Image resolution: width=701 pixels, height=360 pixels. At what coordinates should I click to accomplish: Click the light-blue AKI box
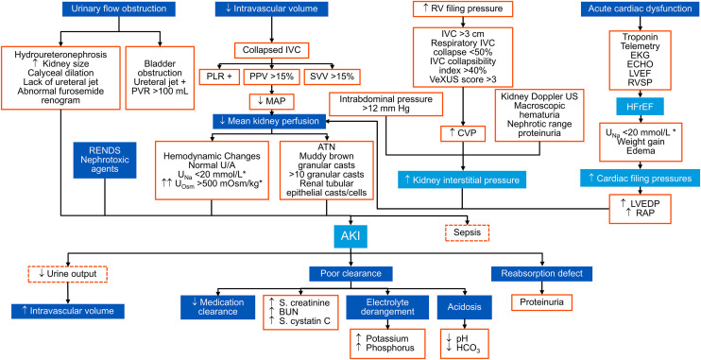[351, 235]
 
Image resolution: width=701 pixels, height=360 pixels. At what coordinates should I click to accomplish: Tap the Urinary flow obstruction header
[118, 9]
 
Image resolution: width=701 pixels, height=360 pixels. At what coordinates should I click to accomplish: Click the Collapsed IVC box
[272, 50]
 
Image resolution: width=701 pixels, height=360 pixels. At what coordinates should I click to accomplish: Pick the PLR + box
[218, 76]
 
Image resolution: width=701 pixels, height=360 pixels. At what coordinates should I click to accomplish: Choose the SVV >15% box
[332, 76]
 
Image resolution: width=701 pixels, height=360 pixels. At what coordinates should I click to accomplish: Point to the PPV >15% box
[270, 76]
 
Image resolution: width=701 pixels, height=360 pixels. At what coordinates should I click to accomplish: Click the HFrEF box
[642, 107]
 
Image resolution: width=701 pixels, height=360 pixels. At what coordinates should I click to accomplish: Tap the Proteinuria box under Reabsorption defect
[542, 302]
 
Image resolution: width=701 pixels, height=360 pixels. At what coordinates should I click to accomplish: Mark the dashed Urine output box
[67, 274]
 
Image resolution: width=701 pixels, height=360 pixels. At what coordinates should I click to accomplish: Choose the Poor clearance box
[350, 273]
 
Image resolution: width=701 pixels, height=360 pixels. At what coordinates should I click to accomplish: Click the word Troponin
[642, 38]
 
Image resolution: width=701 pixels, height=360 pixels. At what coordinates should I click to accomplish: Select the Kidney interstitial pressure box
[461, 180]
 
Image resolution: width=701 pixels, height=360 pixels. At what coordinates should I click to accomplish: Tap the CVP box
[463, 133]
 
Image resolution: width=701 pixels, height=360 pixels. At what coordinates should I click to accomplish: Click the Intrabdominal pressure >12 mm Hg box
[385, 104]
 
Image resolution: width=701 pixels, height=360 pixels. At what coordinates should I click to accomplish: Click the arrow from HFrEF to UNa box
[642, 120]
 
